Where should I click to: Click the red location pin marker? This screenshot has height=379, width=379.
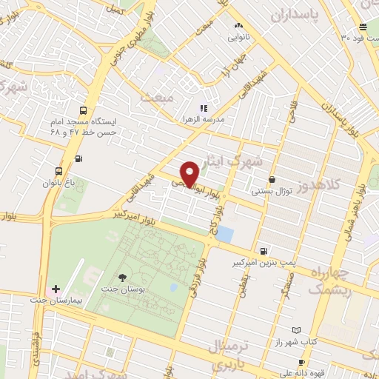pyautogui.click(x=190, y=172)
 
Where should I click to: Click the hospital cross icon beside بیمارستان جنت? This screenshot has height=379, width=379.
pyautogui.click(x=56, y=287)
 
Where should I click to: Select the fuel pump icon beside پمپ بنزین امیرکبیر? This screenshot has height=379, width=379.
pyautogui.click(x=265, y=250)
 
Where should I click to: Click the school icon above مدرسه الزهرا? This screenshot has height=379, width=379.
pyautogui.click(x=204, y=108)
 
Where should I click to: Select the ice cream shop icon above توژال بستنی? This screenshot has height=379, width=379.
pyautogui.click(x=272, y=179)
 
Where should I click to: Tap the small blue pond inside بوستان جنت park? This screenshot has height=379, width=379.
pyautogui.click(x=173, y=287)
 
